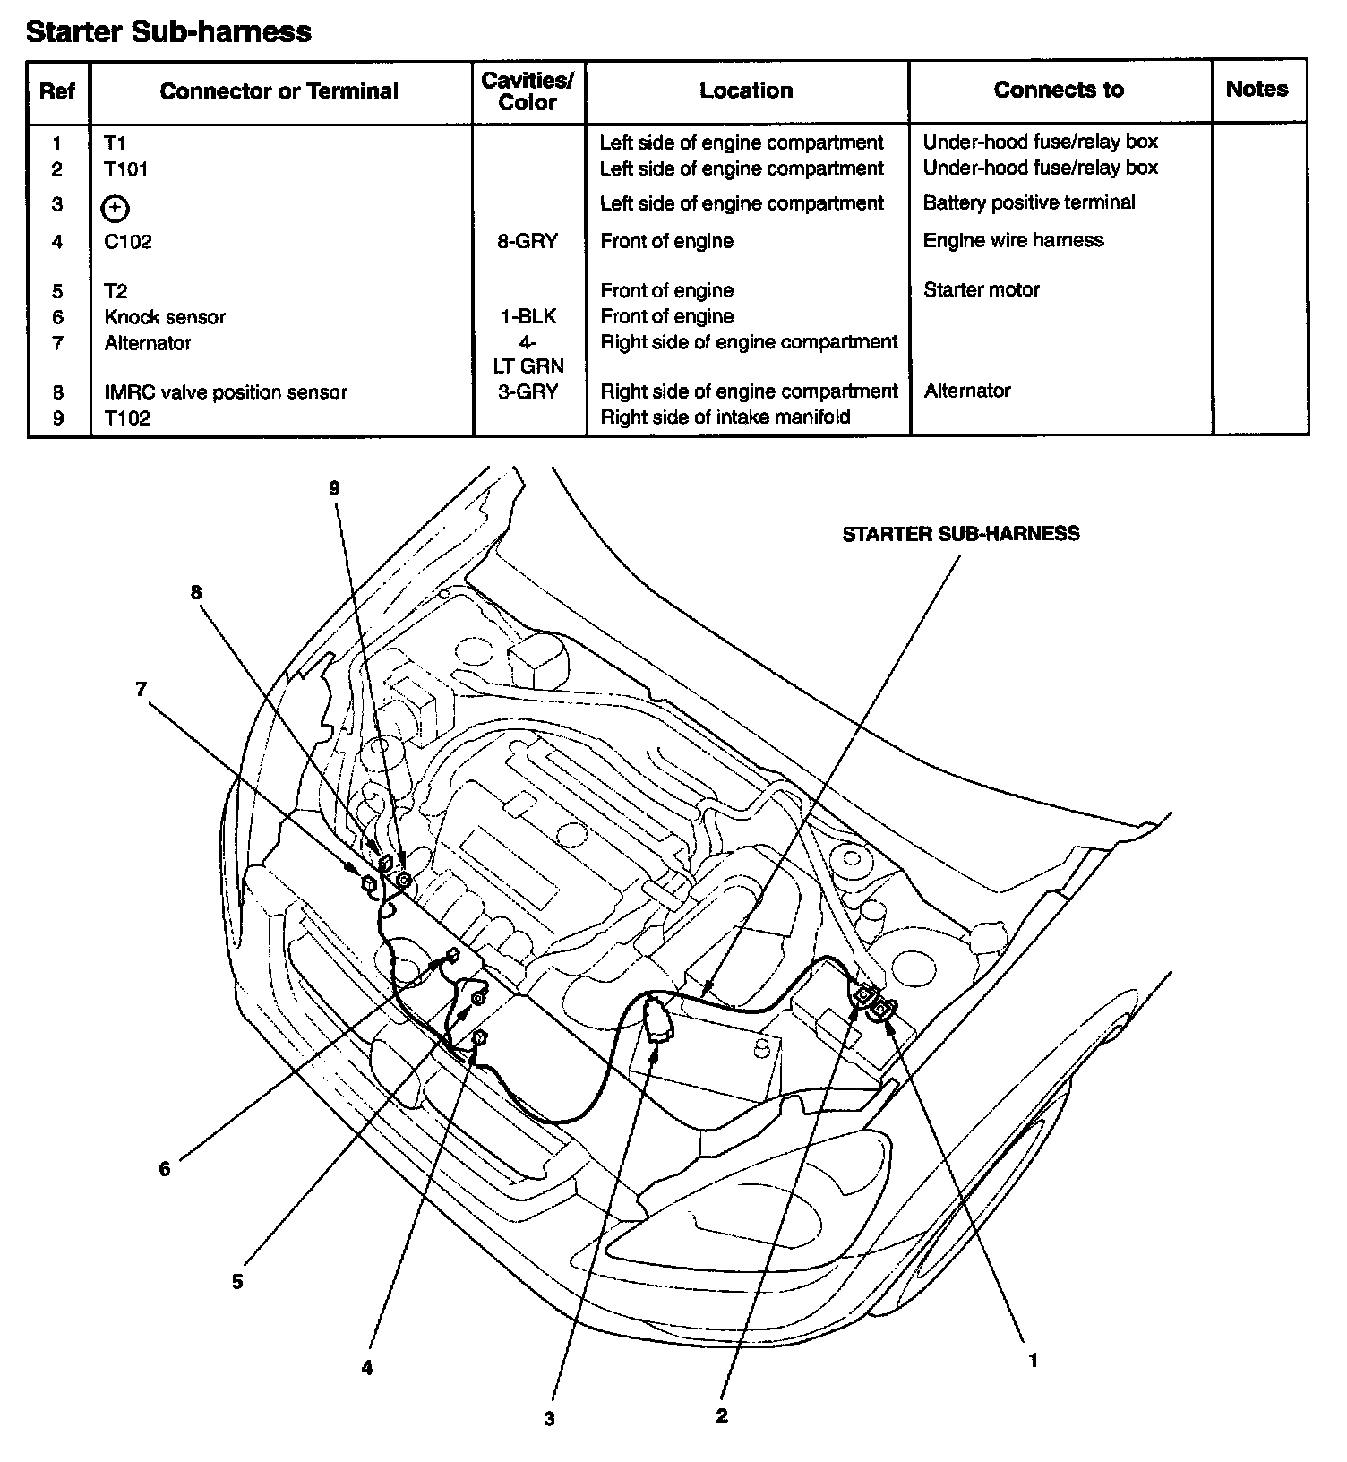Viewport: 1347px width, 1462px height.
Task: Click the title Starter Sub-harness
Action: pyautogui.click(x=168, y=32)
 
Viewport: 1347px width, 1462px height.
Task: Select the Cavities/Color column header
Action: pyautogui.click(x=528, y=90)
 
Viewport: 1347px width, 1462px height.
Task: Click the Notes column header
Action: pyautogui.click(x=1257, y=89)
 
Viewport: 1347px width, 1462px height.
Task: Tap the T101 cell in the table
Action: pyautogui.click(x=126, y=169)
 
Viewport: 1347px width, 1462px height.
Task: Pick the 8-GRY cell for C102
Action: pyautogui.click(x=528, y=241)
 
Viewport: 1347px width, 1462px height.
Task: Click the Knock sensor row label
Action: pyautogui.click(x=165, y=317)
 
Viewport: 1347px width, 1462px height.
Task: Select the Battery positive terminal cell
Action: pyautogui.click(x=1028, y=202)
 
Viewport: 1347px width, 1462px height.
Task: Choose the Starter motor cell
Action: pyautogui.click(x=981, y=290)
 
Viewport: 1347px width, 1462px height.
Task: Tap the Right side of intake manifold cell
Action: pyautogui.click(x=725, y=417)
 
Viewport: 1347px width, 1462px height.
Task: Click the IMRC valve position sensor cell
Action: pyautogui.click(x=226, y=392)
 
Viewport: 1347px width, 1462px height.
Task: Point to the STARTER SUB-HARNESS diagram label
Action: pyautogui.click(x=960, y=534)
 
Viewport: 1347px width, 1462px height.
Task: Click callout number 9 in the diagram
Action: pyautogui.click(x=335, y=488)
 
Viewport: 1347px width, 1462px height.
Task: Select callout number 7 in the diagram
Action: pyautogui.click(x=141, y=689)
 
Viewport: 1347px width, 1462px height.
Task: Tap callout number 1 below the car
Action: pyautogui.click(x=1033, y=1360)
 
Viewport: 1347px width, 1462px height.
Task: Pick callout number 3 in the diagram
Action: pyautogui.click(x=549, y=1419)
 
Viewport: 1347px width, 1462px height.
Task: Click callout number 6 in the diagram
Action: pyautogui.click(x=165, y=1169)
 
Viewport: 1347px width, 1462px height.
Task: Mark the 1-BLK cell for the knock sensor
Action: pyautogui.click(x=528, y=316)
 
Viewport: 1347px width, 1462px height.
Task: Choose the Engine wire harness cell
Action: pyautogui.click(x=1013, y=240)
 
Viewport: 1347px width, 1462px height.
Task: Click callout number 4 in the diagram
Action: pyautogui.click(x=366, y=1368)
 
